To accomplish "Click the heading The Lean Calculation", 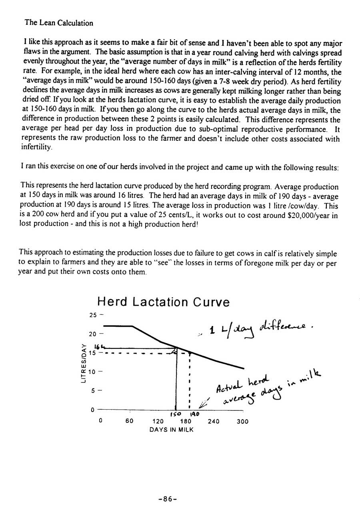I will pyautogui.click(x=59, y=23).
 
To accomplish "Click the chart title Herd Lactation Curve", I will pyautogui.click(x=164, y=302).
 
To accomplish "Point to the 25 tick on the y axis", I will pyautogui.click(x=93, y=315).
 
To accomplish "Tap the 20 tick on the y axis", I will pyautogui.click(x=93, y=334).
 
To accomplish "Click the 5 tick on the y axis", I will pyautogui.click(x=93, y=391).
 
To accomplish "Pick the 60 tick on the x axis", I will pyautogui.click(x=129, y=421).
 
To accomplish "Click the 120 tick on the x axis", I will pyautogui.click(x=158, y=421).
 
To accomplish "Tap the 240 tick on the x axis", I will pyautogui.click(x=214, y=421).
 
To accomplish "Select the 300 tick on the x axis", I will pyautogui.click(x=242, y=421).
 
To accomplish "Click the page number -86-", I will pyautogui.click(x=168, y=499).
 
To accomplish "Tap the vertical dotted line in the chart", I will pyautogui.click(x=189, y=380).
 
